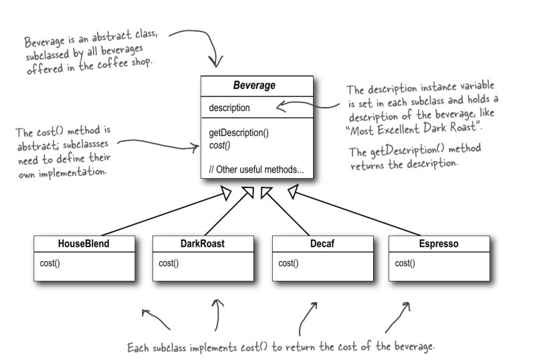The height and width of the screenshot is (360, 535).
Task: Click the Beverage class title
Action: point(253,86)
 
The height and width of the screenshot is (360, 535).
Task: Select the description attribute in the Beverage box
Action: point(229,108)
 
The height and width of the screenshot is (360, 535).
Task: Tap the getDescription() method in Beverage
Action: point(239,132)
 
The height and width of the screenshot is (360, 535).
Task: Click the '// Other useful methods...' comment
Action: point(256,170)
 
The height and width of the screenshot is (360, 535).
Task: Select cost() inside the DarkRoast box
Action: point(169,263)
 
